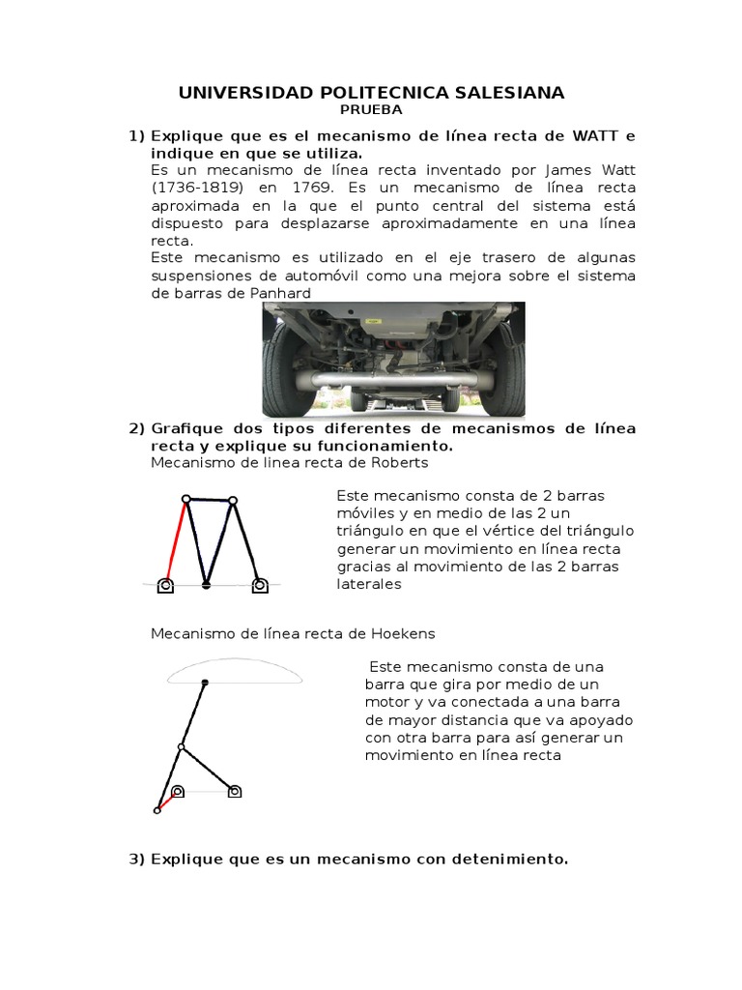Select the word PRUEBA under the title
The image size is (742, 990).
click(x=370, y=110)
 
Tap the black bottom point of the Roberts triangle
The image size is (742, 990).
click(x=207, y=585)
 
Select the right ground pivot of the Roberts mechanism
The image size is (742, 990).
click(x=259, y=584)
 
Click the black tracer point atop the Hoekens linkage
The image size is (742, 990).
click(x=205, y=684)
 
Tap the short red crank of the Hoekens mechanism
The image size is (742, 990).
click(x=167, y=801)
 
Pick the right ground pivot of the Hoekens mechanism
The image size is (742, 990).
click(x=234, y=791)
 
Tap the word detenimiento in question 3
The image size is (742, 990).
click(x=516, y=859)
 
